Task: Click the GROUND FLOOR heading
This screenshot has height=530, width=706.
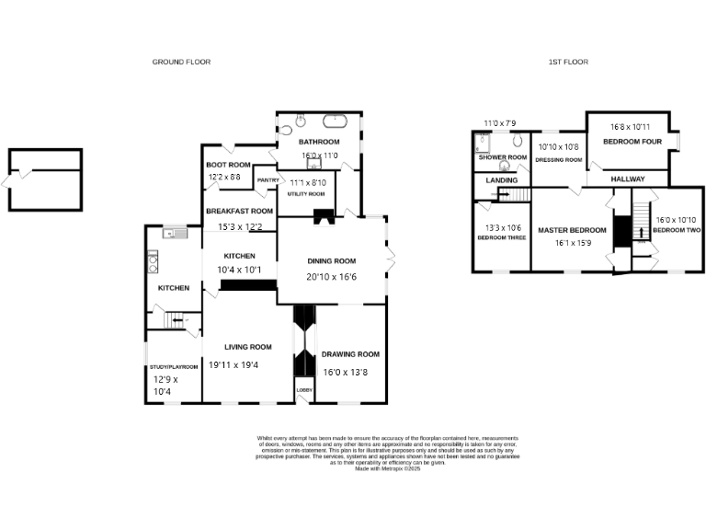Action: [181, 62]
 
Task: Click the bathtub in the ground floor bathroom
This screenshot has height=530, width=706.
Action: [336, 120]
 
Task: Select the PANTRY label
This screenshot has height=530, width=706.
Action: [268, 179]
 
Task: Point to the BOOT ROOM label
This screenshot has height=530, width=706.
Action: [222, 165]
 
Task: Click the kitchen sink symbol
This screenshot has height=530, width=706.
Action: [172, 234]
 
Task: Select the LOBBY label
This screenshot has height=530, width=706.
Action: [303, 390]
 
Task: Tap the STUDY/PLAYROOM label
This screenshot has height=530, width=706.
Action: [174, 366]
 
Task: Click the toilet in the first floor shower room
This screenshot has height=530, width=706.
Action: [518, 141]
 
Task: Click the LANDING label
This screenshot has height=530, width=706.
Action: [502, 180]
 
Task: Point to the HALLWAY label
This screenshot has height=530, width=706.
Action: [628, 179]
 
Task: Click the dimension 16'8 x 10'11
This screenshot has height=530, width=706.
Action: [631, 127]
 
